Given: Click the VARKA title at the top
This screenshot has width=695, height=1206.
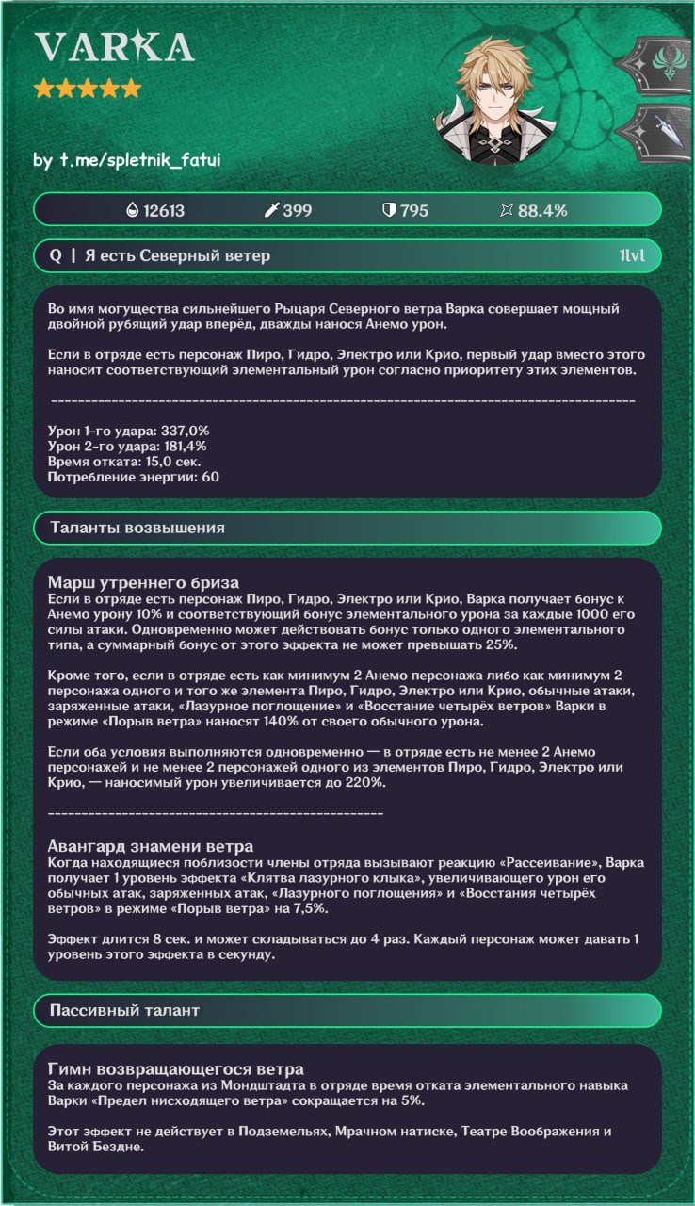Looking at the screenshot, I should point(114,47).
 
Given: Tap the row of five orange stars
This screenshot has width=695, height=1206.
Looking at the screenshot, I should point(87,90).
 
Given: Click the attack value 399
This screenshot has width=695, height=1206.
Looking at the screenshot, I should point(297,210).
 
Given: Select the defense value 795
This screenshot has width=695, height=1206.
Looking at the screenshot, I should point(413,210).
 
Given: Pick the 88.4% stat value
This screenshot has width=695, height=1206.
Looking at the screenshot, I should point(541,210).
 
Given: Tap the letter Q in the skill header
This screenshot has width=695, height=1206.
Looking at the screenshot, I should point(56,255).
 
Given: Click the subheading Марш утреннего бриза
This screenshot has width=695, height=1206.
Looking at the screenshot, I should point(142,582).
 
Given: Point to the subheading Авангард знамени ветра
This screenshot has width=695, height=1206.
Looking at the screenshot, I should point(150,847).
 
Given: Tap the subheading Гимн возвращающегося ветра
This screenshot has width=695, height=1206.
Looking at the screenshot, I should point(175,1068).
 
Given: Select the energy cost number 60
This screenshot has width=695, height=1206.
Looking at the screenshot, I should point(210,478).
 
